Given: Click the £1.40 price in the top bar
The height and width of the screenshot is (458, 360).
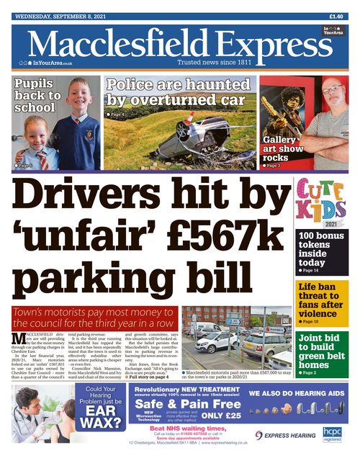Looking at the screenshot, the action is click(336, 16).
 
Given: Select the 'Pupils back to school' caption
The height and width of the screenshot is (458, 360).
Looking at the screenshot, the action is click(38, 96).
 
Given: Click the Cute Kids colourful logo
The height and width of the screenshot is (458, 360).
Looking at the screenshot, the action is click(323, 201).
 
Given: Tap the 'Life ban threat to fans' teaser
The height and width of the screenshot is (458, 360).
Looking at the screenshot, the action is click(323, 303).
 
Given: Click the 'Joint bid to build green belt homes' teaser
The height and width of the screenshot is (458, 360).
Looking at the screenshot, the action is click(323, 354).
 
